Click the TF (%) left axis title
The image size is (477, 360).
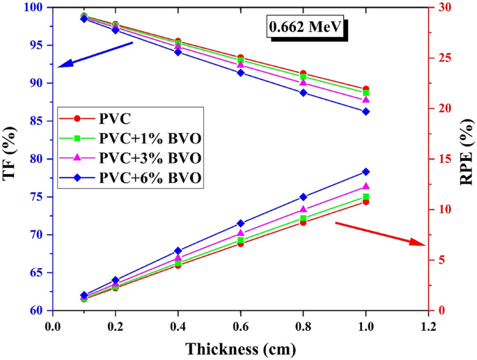pyautogui.click(x=10, y=159)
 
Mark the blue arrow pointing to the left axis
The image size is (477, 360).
pyautogui.click(x=95, y=55)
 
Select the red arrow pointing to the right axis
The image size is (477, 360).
pyautogui.click(x=380, y=233)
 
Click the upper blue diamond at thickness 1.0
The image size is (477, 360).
pyautogui.click(x=366, y=111)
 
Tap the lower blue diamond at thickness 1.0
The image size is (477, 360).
pyautogui.click(x=366, y=172)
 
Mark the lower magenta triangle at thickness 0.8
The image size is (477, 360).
pyautogui.click(x=303, y=209)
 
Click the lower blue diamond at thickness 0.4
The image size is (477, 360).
pyautogui.click(x=178, y=251)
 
